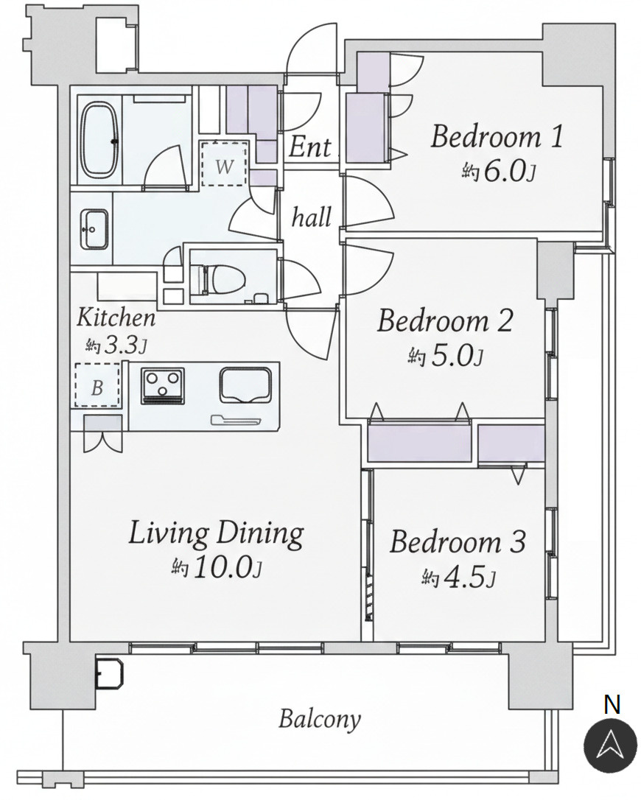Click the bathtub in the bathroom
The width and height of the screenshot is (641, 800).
point(100,138)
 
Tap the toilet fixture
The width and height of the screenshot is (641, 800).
point(218,278)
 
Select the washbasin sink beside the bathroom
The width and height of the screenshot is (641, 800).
point(94,230)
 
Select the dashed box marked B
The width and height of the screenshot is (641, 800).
point(97,385)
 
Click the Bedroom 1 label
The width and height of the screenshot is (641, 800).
point(497,137)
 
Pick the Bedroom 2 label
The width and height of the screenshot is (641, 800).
point(444,321)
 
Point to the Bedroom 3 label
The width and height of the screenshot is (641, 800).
point(458,542)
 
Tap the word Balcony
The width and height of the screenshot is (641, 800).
point(320,720)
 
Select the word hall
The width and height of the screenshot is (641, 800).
point(312,217)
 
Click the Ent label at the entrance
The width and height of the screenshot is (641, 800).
point(309,147)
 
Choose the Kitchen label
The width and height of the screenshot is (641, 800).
point(116,317)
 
